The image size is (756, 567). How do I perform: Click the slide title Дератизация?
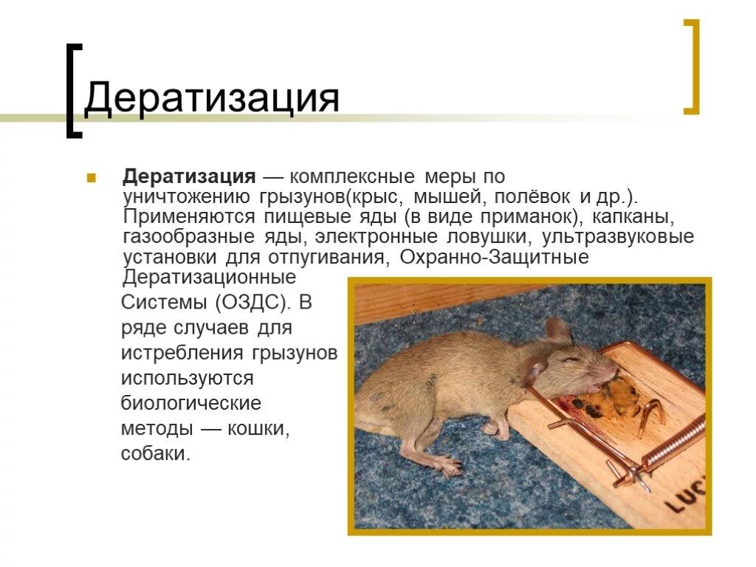(211, 98)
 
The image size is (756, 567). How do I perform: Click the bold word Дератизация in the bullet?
(189, 177)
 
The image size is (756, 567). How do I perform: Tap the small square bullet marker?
(92, 178)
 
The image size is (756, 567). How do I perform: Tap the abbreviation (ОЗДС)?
(249, 303)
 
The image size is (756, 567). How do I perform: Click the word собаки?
(156, 453)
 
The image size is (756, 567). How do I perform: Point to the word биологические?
(191, 403)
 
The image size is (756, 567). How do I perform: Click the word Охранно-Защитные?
(494, 258)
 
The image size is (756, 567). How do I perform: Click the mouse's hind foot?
(445, 465)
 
